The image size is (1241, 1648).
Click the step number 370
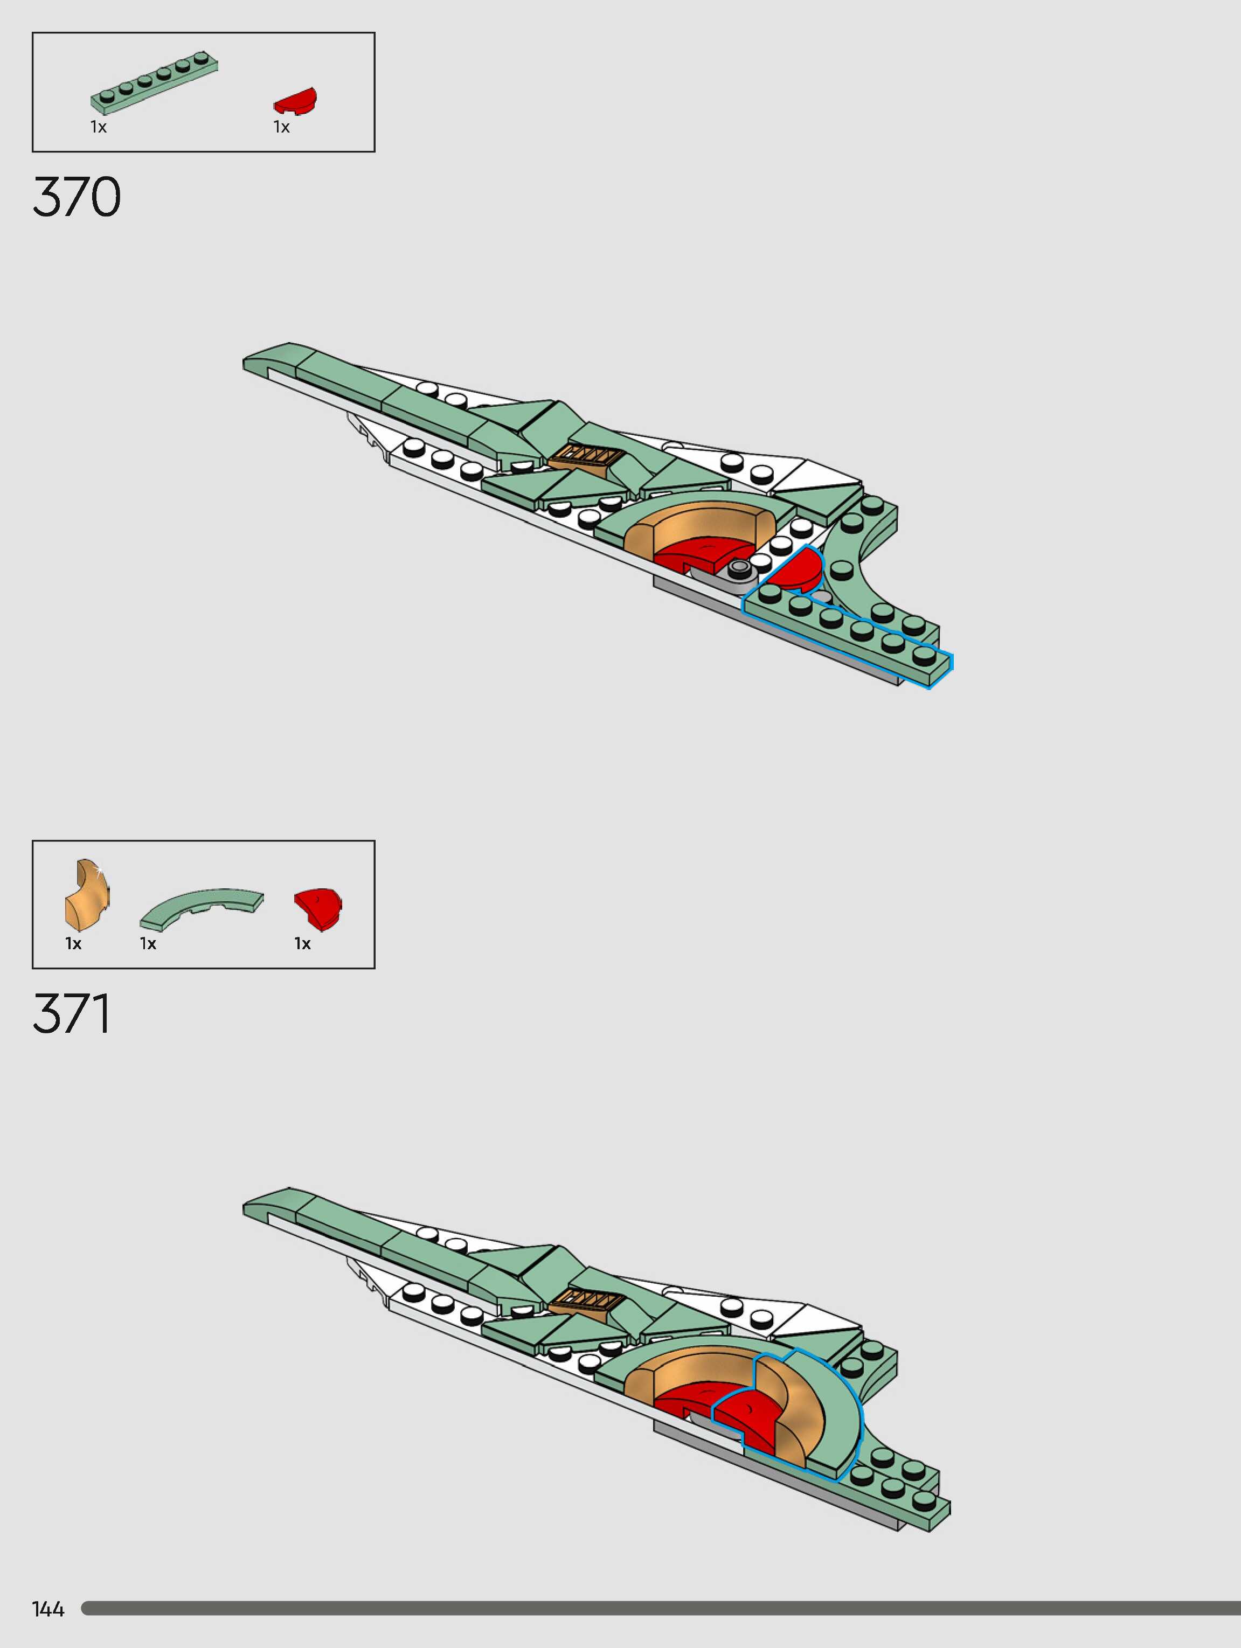click(x=76, y=197)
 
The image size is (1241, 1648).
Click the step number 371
click(x=72, y=1013)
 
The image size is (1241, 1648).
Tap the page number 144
click(x=48, y=1609)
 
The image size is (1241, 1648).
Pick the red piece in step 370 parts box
click(x=295, y=101)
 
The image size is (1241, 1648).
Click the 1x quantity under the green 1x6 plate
click(x=99, y=127)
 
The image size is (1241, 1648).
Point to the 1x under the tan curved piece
click(x=73, y=944)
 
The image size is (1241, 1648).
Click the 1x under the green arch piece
click(x=148, y=944)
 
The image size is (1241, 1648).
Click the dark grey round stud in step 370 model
click(x=740, y=570)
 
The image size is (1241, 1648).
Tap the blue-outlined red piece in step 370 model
click(x=794, y=570)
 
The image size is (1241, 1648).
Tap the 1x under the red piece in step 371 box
click(x=303, y=944)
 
